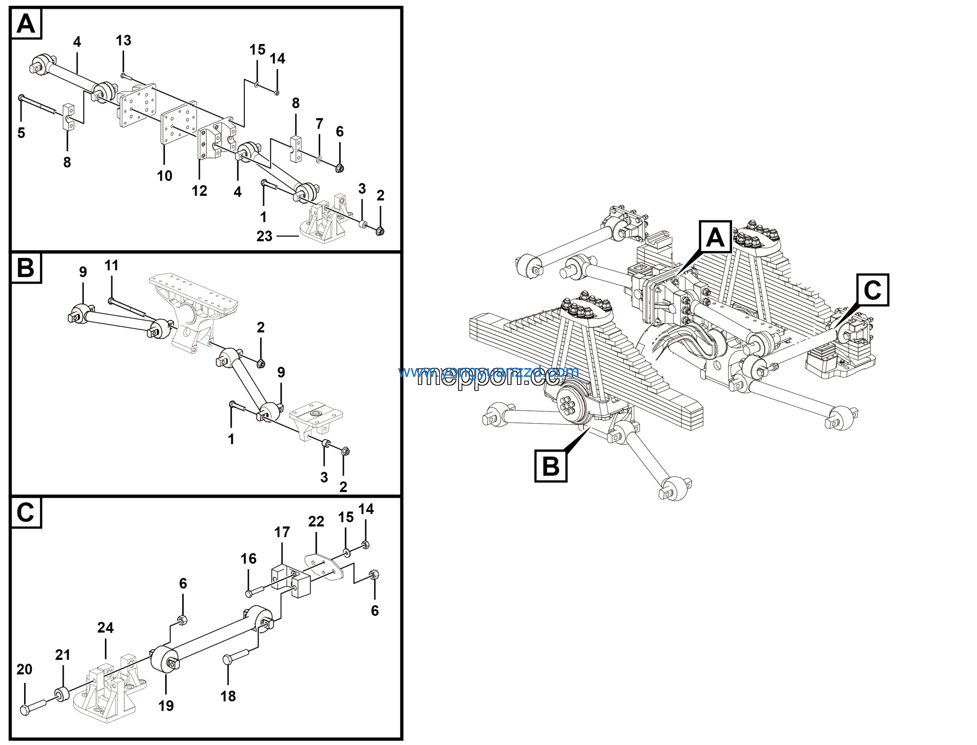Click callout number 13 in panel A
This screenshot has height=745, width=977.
[x=124, y=41]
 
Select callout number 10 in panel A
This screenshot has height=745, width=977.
[x=164, y=176]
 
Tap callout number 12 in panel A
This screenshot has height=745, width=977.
[x=199, y=191]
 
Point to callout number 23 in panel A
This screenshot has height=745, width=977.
[x=264, y=236]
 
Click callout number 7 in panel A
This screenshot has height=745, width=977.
[x=319, y=124]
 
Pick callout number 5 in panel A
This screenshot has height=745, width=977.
[x=21, y=133]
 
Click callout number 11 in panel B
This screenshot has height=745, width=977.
[x=111, y=266]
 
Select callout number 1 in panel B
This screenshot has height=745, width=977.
[x=231, y=440]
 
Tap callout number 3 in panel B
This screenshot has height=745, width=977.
[x=324, y=478]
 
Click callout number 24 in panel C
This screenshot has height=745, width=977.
[x=105, y=628]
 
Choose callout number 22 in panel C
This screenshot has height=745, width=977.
[x=316, y=522]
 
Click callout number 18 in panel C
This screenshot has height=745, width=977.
[x=228, y=697]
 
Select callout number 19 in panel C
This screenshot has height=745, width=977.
[x=166, y=706]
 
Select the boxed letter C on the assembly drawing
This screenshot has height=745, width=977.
[x=872, y=290]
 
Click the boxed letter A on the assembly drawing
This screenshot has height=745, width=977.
[x=715, y=237]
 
